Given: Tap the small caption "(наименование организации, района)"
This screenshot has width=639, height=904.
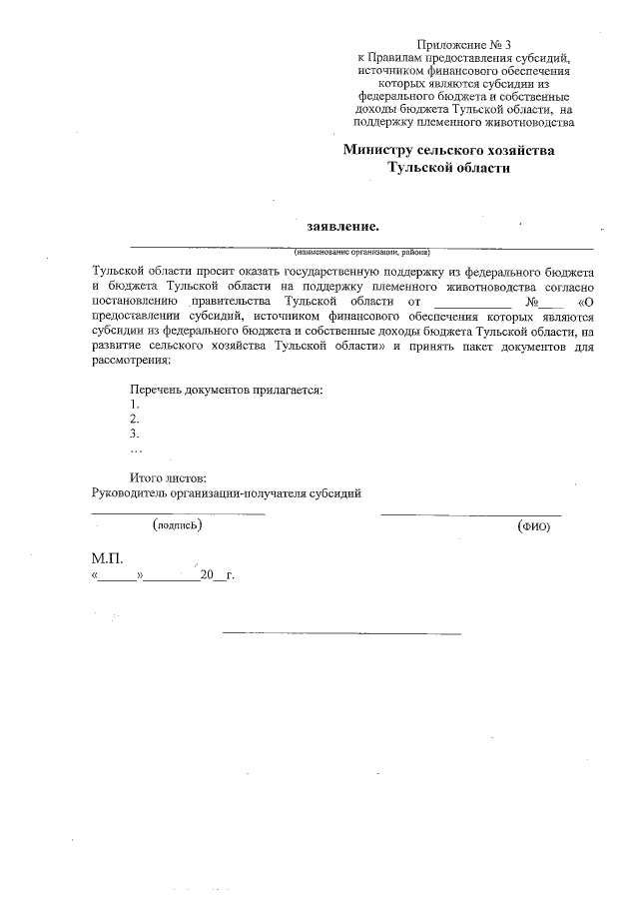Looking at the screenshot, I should click(x=361, y=252).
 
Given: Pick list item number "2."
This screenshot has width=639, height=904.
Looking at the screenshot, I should click(x=135, y=420).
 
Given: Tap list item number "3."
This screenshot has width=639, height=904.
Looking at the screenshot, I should click(x=135, y=435).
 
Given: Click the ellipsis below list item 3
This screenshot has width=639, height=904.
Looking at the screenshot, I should click(x=137, y=451).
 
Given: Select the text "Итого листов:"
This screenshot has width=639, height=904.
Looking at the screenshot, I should click(x=168, y=478).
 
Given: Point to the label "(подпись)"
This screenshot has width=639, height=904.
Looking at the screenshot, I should click(x=178, y=524).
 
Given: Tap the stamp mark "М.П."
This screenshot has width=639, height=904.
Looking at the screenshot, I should click(x=107, y=559).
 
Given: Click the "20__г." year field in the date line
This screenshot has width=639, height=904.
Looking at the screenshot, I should click(x=216, y=577).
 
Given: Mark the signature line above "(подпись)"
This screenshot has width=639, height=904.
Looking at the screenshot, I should click(x=178, y=512).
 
